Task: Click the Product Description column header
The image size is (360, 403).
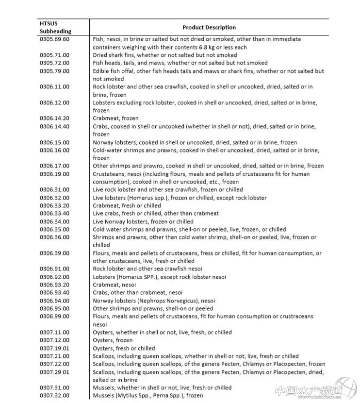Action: (x=209, y=28)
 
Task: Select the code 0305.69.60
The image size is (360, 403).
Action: (x=54, y=39)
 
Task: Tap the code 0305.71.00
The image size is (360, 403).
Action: (x=54, y=55)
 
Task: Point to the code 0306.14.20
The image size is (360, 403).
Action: (x=54, y=118)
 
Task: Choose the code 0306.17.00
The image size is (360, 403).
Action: (x=54, y=166)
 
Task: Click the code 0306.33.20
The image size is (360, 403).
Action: (x=54, y=206)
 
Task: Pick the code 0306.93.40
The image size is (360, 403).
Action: (x=54, y=293)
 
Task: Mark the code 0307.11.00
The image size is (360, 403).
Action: (x=54, y=333)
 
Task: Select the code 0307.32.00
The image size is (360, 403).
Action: (x=54, y=396)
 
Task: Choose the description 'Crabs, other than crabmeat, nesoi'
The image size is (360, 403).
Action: (x=137, y=293)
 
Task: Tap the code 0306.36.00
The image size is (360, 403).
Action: (x=54, y=237)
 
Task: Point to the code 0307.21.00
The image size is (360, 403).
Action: (x=54, y=356)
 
